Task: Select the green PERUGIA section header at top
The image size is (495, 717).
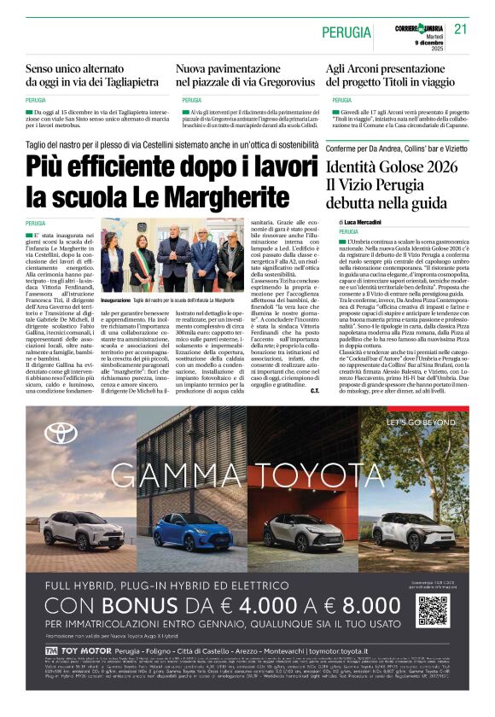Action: click(x=346, y=32)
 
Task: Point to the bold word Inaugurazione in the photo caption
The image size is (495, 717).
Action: click(x=115, y=301)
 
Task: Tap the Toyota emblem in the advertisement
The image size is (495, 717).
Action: click(x=61, y=433)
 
